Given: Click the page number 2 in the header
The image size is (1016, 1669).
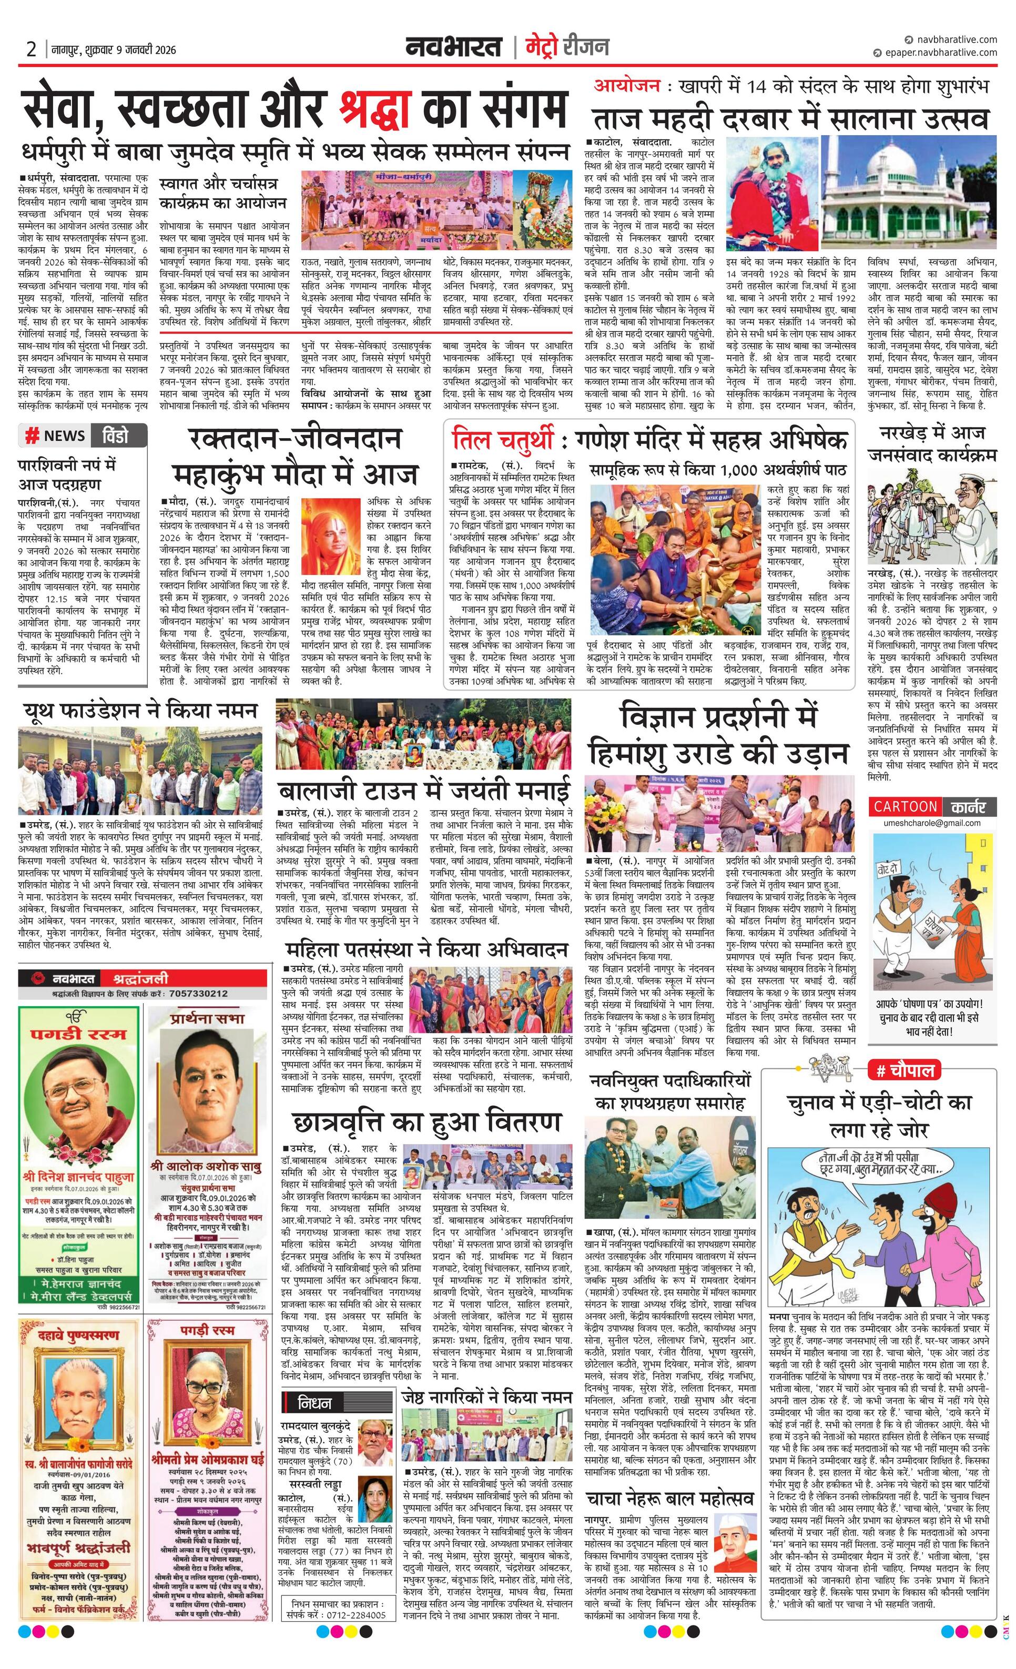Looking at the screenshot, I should coord(31,49).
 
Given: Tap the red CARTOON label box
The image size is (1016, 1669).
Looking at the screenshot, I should coord(905,807).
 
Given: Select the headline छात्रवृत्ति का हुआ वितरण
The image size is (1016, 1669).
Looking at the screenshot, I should coord(426,1122).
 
